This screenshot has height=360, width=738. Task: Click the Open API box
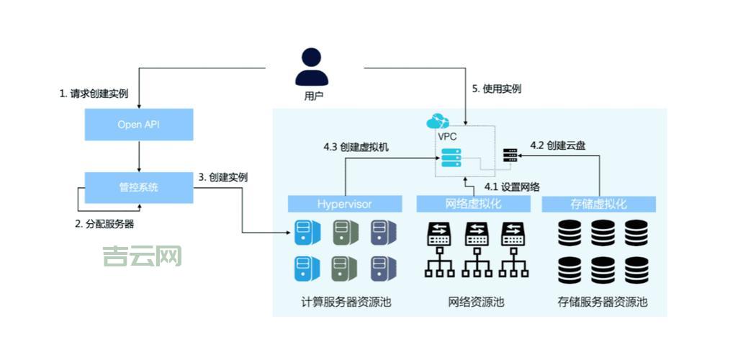[x=139, y=125]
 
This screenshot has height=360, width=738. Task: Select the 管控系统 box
[x=139, y=187]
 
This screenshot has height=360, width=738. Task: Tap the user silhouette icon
[x=311, y=67]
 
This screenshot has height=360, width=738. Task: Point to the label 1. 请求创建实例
[x=94, y=94]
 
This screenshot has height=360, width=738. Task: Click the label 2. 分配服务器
[x=104, y=224]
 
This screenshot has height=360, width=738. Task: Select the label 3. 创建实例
[x=223, y=177]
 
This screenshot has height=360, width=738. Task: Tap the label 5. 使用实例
[x=496, y=89]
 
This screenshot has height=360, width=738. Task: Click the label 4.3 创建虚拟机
[x=356, y=147]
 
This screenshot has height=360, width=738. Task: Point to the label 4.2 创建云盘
[x=557, y=145]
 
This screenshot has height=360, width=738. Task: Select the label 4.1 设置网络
[x=512, y=186]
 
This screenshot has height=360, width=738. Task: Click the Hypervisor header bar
[x=345, y=204]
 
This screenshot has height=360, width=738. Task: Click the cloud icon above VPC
[x=438, y=121]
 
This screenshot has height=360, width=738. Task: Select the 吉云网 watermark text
[x=142, y=256]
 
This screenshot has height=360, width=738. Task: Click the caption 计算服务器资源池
[x=346, y=302]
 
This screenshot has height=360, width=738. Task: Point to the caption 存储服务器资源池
[x=603, y=302]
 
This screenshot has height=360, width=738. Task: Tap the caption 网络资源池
[x=476, y=302]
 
